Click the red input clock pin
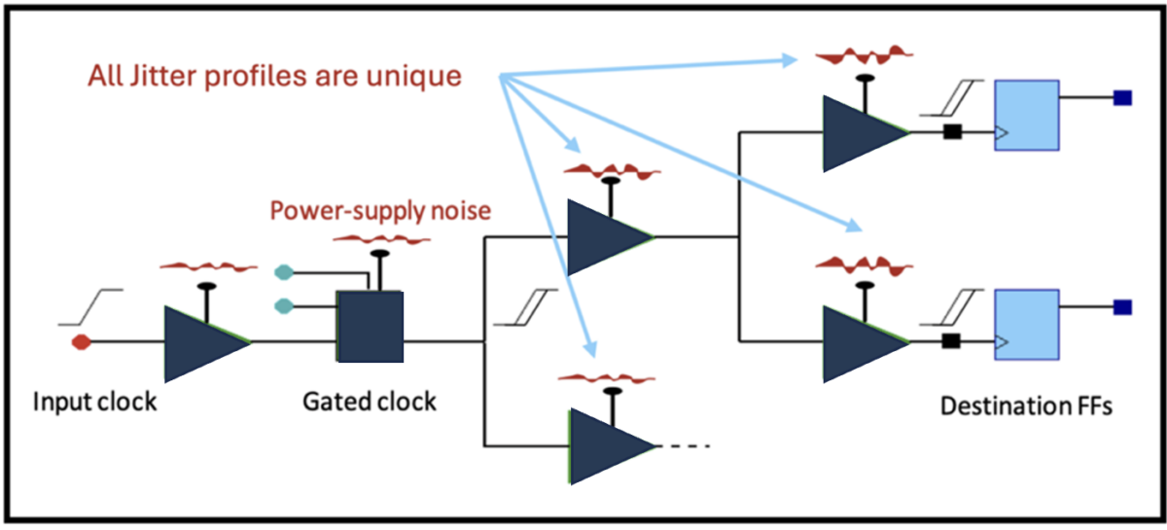click(x=83, y=341)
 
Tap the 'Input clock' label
click(x=94, y=402)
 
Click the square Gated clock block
click(x=370, y=327)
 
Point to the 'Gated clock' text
click(x=370, y=402)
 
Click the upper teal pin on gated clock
click(x=283, y=271)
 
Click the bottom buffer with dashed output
click(x=605, y=446)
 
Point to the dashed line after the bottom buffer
click(x=689, y=446)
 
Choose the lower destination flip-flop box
click(x=1026, y=325)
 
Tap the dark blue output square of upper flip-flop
click(x=1122, y=97)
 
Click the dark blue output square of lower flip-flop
click(x=1122, y=307)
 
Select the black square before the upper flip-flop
click(x=952, y=131)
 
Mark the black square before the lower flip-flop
click(x=952, y=341)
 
